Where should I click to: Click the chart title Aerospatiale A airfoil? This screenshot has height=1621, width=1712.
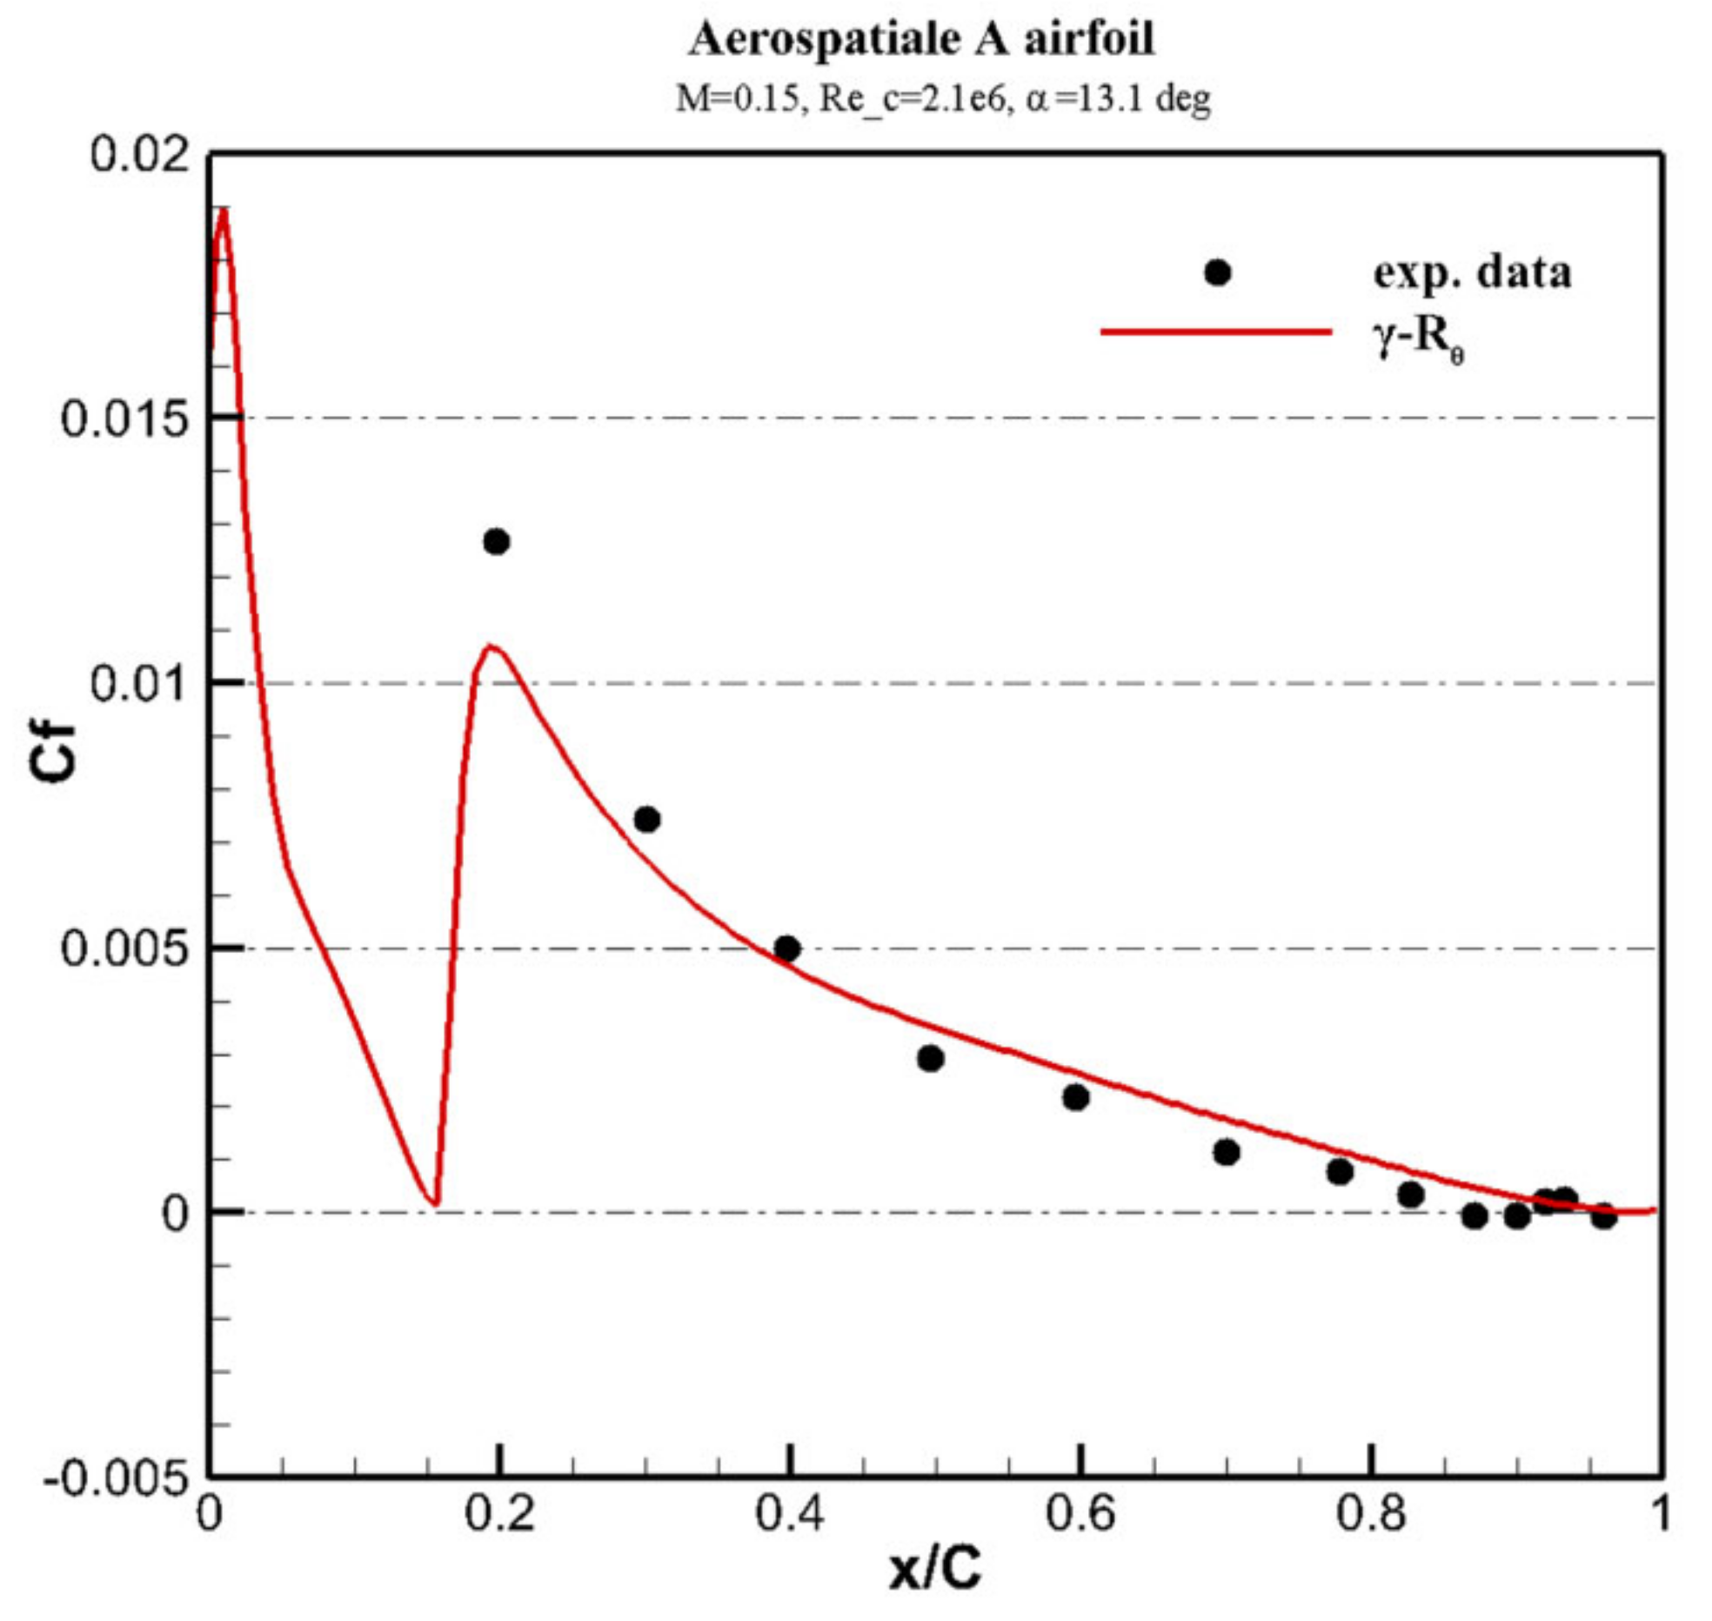922,40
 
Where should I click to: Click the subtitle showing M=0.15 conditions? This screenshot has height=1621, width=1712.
943,99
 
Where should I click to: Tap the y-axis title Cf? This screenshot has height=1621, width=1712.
53,754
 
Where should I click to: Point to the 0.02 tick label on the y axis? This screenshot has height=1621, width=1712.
139,156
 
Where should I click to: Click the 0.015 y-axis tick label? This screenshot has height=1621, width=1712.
124,420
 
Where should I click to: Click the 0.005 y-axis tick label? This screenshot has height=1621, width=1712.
124,948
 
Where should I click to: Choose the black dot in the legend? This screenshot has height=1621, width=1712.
1218,272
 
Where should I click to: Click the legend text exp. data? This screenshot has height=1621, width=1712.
1472,273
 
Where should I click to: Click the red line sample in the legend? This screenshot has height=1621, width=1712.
1216,332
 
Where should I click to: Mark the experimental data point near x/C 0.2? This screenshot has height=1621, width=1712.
496,541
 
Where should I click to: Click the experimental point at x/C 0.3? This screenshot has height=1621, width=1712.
646,819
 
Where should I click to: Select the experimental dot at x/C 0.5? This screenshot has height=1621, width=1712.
930,1058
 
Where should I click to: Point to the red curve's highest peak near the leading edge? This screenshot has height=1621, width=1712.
224,211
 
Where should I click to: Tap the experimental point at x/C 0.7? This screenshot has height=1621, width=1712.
1226,1153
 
